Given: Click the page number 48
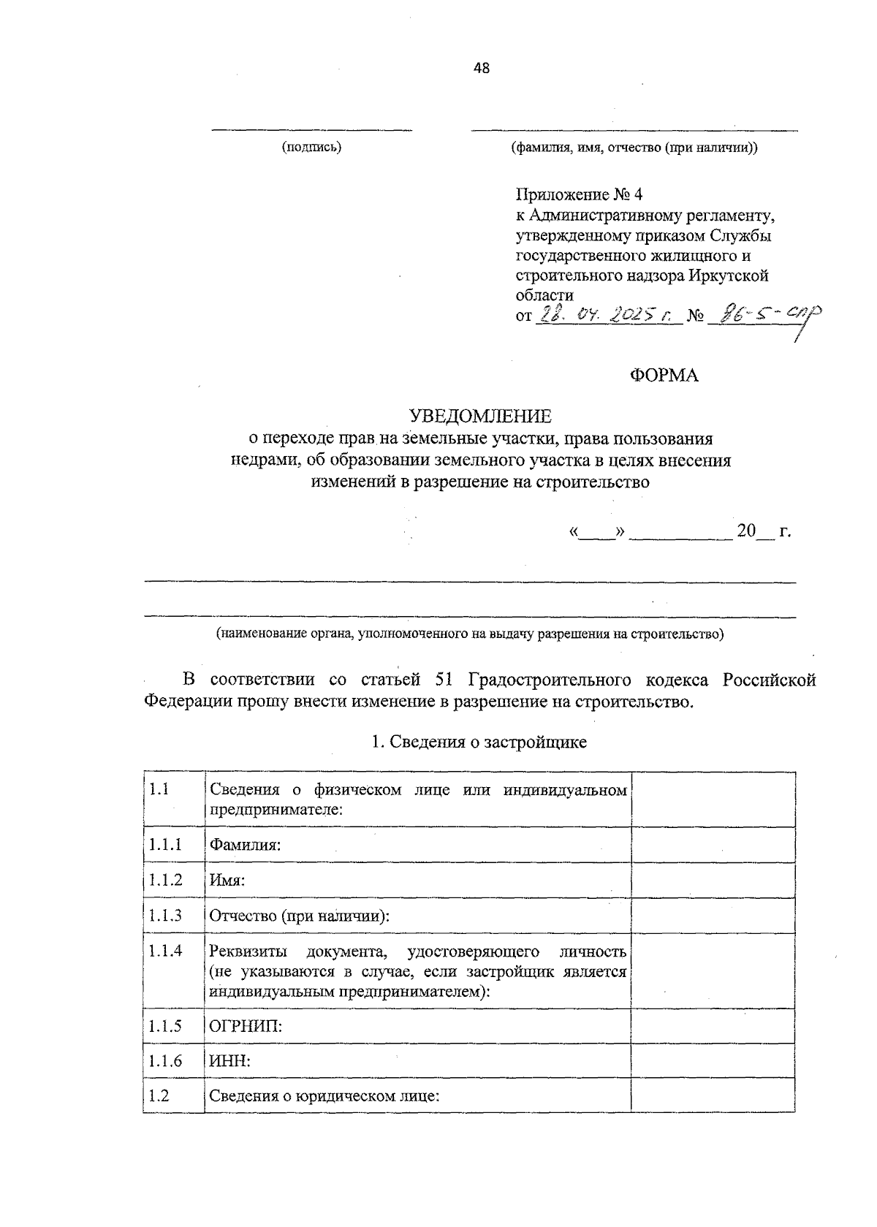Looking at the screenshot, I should click(482, 69).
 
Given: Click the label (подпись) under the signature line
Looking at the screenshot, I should click(311, 148).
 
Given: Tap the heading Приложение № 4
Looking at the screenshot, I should click(578, 195).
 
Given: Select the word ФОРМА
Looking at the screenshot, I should click(664, 376).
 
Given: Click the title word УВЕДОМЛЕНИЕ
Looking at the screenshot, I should click(480, 417).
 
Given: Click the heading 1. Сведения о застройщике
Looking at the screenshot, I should click(479, 742).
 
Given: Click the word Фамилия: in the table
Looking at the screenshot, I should click(246, 845).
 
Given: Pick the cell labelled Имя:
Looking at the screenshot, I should click(227, 881).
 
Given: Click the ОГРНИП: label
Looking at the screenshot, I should click(246, 1026).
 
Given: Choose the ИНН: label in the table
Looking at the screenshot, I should click(230, 1061).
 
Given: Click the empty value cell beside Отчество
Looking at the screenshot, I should click(713, 916).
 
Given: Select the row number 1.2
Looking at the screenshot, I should click(159, 1096).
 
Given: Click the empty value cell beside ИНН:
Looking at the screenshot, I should click(713, 1061).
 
